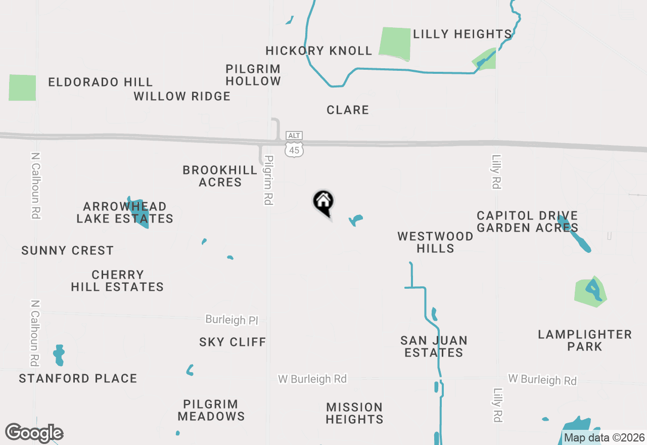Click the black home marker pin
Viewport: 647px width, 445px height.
pyautogui.click(x=323, y=203)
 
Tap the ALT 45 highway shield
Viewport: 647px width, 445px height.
pyautogui.click(x=294, y=144)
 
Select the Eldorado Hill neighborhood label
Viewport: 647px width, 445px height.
pyautogui.click(x=100, y=82)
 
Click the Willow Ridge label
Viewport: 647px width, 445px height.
pyautogui.click(x=182, y=96)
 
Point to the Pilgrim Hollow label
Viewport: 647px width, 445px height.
pyautogui.click(x=253, y=75)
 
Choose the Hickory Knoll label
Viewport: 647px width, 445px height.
pyautogui.click(x=319, y=51)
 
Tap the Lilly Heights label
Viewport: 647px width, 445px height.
pyautogui.click(x=463, y=34)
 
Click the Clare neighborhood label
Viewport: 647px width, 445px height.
pyautogui.click(x=348, y=110)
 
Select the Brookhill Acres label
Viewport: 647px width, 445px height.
pyautogui.click(x=220, y=176)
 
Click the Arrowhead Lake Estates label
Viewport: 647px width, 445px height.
pyautogui.click(x=125, y=212)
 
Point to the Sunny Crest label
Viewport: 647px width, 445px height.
pyautogui.click(x=67, y=250)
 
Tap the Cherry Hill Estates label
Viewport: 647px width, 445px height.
pyautogui.click(x=117, y=281)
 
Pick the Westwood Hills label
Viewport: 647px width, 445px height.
pyautogui.click(x=435, y=242)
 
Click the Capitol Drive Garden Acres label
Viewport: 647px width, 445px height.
pyautogui.click(x=527, y=222)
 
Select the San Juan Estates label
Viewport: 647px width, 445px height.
pyautogui.click(x=434, y=346)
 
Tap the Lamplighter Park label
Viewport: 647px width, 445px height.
pyautogui.click(x=585, y=340)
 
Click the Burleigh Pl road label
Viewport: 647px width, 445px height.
pyautogui.click(x=232, y=320)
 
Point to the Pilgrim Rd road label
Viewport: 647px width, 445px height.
pyautogui.click(x=268, y=180)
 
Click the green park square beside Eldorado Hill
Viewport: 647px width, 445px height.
pyautogui.click(x=22, y=87)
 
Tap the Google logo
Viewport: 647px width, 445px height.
pyautogui.click(x=34, y=433)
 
